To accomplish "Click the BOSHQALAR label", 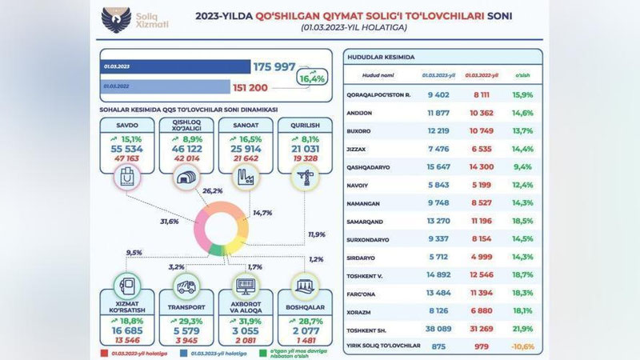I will click(302, 307).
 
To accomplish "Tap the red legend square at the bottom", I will click(104, 350).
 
